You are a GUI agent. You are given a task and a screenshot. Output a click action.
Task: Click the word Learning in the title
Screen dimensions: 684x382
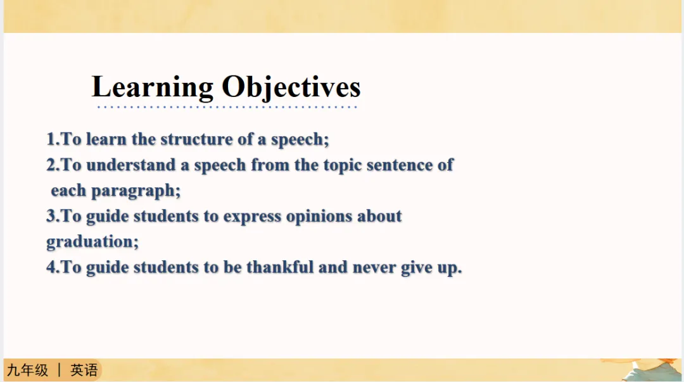pos(153,87)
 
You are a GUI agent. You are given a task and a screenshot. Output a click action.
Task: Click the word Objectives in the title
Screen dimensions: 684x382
pos(291,87)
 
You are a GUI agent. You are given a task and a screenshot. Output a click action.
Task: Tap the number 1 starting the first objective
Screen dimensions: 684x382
pos(51,139)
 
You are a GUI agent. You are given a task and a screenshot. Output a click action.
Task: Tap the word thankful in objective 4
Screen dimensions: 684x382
pos(280,267)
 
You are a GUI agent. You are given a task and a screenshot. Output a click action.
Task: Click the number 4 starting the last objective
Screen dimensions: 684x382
pos(51,267)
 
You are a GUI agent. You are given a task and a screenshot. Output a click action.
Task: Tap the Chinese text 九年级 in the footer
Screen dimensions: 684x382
pos(27,370)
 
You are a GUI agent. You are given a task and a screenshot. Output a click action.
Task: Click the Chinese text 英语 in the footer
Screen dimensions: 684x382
pos(84,370)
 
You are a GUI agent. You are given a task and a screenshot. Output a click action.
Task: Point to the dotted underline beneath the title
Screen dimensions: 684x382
pos(227,107)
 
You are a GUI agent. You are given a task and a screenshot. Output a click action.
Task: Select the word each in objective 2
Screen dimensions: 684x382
pos(68,191)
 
